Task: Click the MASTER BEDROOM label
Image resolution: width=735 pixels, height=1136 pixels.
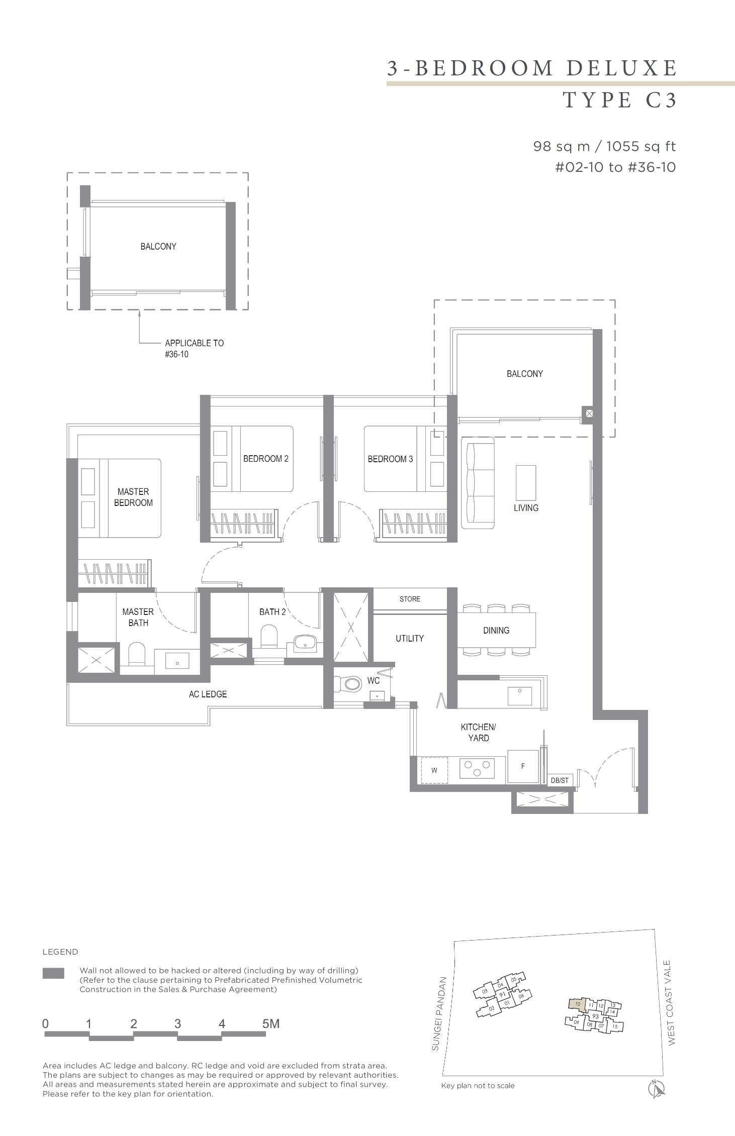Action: (133, 497)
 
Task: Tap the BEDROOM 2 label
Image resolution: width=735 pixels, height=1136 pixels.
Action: (265, 459)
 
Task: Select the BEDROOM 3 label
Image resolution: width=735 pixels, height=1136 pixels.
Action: (390, 459)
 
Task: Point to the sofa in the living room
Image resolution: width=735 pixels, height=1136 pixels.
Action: (478, 482)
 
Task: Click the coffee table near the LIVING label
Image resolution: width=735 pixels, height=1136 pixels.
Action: (526, 482)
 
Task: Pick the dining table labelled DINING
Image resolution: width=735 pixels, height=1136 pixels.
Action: (496, 630)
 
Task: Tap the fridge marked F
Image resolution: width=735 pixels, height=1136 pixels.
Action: (523, 766)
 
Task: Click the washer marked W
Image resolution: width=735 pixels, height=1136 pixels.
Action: (434, 770)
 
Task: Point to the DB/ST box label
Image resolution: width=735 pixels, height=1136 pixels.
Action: (560, 780)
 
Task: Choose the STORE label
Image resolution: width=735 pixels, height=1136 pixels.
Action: (410, 599)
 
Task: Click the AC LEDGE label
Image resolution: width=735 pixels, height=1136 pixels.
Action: (208, 694)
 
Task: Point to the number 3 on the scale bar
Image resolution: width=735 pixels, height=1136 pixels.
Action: (177, 1023)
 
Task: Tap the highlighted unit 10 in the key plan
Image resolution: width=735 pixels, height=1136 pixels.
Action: (577, 1004)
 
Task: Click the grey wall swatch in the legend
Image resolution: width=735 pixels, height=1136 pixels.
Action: (53, 973)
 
